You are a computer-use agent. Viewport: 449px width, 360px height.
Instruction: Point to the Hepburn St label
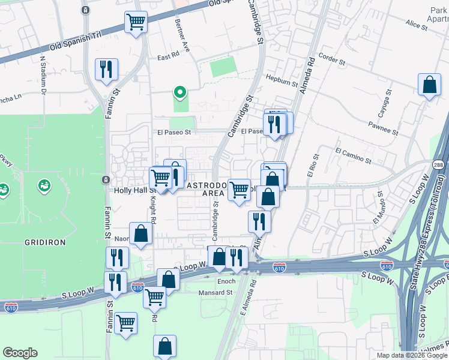[282, 81]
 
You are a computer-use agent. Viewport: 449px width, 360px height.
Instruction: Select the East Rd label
[168, 58]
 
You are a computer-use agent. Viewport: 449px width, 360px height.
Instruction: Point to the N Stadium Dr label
[43, 76]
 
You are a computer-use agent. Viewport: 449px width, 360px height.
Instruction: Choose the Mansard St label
[215, 293]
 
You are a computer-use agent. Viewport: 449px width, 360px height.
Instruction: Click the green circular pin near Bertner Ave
[179, 92]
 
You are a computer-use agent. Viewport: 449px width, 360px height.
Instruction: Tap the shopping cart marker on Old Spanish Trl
[136, 23]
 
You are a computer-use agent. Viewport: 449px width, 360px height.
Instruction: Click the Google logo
[20, 353]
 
